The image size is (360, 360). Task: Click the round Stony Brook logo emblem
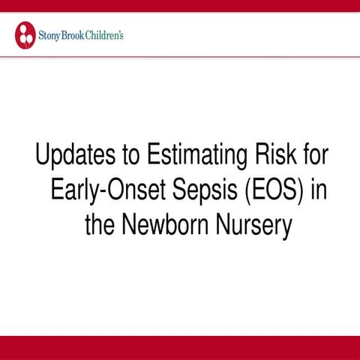click(25, 34)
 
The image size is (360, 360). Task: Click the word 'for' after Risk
click(314, 157)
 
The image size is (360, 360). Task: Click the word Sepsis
click(207, 191)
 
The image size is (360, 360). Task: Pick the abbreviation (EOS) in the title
click(274, 191)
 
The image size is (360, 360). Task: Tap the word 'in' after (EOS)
click(317, 191)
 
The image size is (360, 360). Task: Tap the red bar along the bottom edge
click(180, 348)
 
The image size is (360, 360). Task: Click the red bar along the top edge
click(180, 5)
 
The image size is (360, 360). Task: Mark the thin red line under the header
click(180, 56)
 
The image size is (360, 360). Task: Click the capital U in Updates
click(43, 157)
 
